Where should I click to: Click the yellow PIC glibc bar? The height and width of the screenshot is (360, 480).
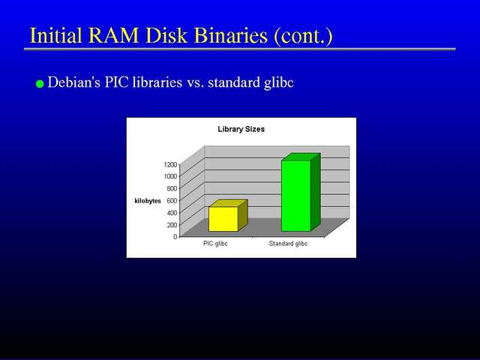tap(228, 215)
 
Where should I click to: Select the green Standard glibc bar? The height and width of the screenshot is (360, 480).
tap(301, 192)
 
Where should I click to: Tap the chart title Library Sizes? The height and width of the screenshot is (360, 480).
tap(241, 129)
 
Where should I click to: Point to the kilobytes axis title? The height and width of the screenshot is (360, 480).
tap(148, 201)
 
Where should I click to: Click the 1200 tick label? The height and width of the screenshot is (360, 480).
tap(170, 164)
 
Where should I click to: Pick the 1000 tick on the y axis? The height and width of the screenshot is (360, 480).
tap(170, 176)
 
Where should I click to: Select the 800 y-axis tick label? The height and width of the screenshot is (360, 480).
tap(172, 188)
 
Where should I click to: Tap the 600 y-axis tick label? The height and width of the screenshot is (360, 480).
tap(172, 200)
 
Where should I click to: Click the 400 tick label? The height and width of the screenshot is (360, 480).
tap(172, 212)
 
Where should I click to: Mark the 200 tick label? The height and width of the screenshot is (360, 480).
tap(172, 224)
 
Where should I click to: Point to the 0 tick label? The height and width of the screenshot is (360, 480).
tap(175, 236)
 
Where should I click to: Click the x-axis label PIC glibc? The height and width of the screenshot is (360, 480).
tap(215, 244)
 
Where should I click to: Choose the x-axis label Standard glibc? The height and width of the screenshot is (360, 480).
tap(288, 244)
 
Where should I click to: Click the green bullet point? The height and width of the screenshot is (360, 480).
tap(40, 83)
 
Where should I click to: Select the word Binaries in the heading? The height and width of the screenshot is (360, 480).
tap(231, 35)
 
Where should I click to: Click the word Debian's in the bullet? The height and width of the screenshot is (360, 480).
tap(74, 82)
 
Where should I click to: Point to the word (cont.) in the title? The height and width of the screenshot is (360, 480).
tap(303, 36)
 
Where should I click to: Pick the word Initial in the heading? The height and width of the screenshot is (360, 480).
tap(56, 35)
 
